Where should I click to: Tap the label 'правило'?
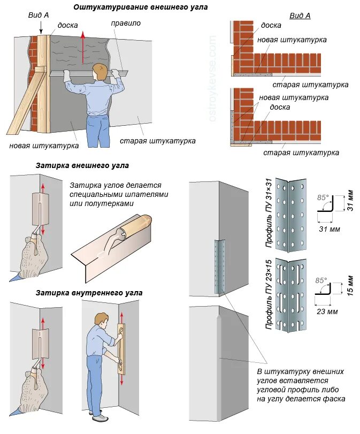126,24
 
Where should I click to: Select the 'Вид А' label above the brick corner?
39,15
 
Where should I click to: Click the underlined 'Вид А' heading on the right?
300,16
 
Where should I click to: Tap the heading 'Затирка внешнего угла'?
82,166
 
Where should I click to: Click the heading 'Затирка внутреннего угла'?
89,293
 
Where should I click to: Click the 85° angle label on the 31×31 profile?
322,196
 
